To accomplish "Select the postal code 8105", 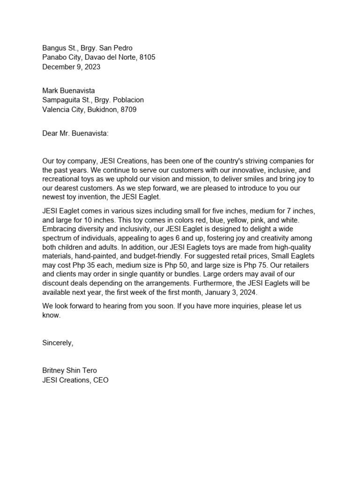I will [x=147, y=57].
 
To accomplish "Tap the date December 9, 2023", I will [x=71, y=67].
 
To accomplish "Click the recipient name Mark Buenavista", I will [x=72, y=90].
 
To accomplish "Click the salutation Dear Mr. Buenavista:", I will [x=75, y=134].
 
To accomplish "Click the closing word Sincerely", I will [x=57, y=343].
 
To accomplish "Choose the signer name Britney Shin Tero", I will [x=69, y=370].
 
